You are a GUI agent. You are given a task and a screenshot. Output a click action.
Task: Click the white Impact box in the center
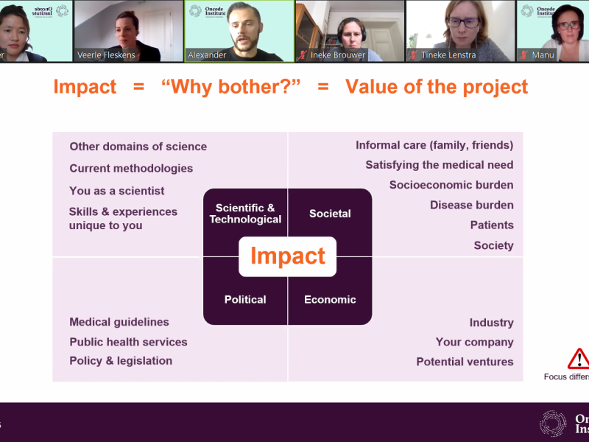288,256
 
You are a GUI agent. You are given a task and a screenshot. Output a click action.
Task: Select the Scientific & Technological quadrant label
245,214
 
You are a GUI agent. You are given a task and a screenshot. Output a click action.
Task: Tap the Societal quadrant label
330,214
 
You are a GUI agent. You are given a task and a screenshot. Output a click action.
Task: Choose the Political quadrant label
245,299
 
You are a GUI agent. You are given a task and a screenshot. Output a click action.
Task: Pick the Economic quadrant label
330,299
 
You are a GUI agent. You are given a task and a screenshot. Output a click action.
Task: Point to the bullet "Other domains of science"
138,147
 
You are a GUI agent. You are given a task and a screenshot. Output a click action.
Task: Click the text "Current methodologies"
131,168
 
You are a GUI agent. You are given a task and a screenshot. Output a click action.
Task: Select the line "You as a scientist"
117,191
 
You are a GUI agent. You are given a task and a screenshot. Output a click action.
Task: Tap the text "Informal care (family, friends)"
434,145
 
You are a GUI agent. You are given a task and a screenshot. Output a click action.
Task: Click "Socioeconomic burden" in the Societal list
451,185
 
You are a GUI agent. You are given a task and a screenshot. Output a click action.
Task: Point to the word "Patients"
492,225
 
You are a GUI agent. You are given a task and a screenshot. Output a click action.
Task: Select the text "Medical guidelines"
119,322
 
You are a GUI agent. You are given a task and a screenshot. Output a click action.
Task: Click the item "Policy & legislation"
121,361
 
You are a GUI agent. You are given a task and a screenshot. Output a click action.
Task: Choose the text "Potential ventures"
465,362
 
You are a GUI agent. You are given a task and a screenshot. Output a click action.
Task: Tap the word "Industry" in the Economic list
491,323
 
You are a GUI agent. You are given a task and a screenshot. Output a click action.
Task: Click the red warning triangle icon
579,358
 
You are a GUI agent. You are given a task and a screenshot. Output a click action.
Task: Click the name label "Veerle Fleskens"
106,55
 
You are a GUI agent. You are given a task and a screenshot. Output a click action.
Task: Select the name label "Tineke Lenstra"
448,55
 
